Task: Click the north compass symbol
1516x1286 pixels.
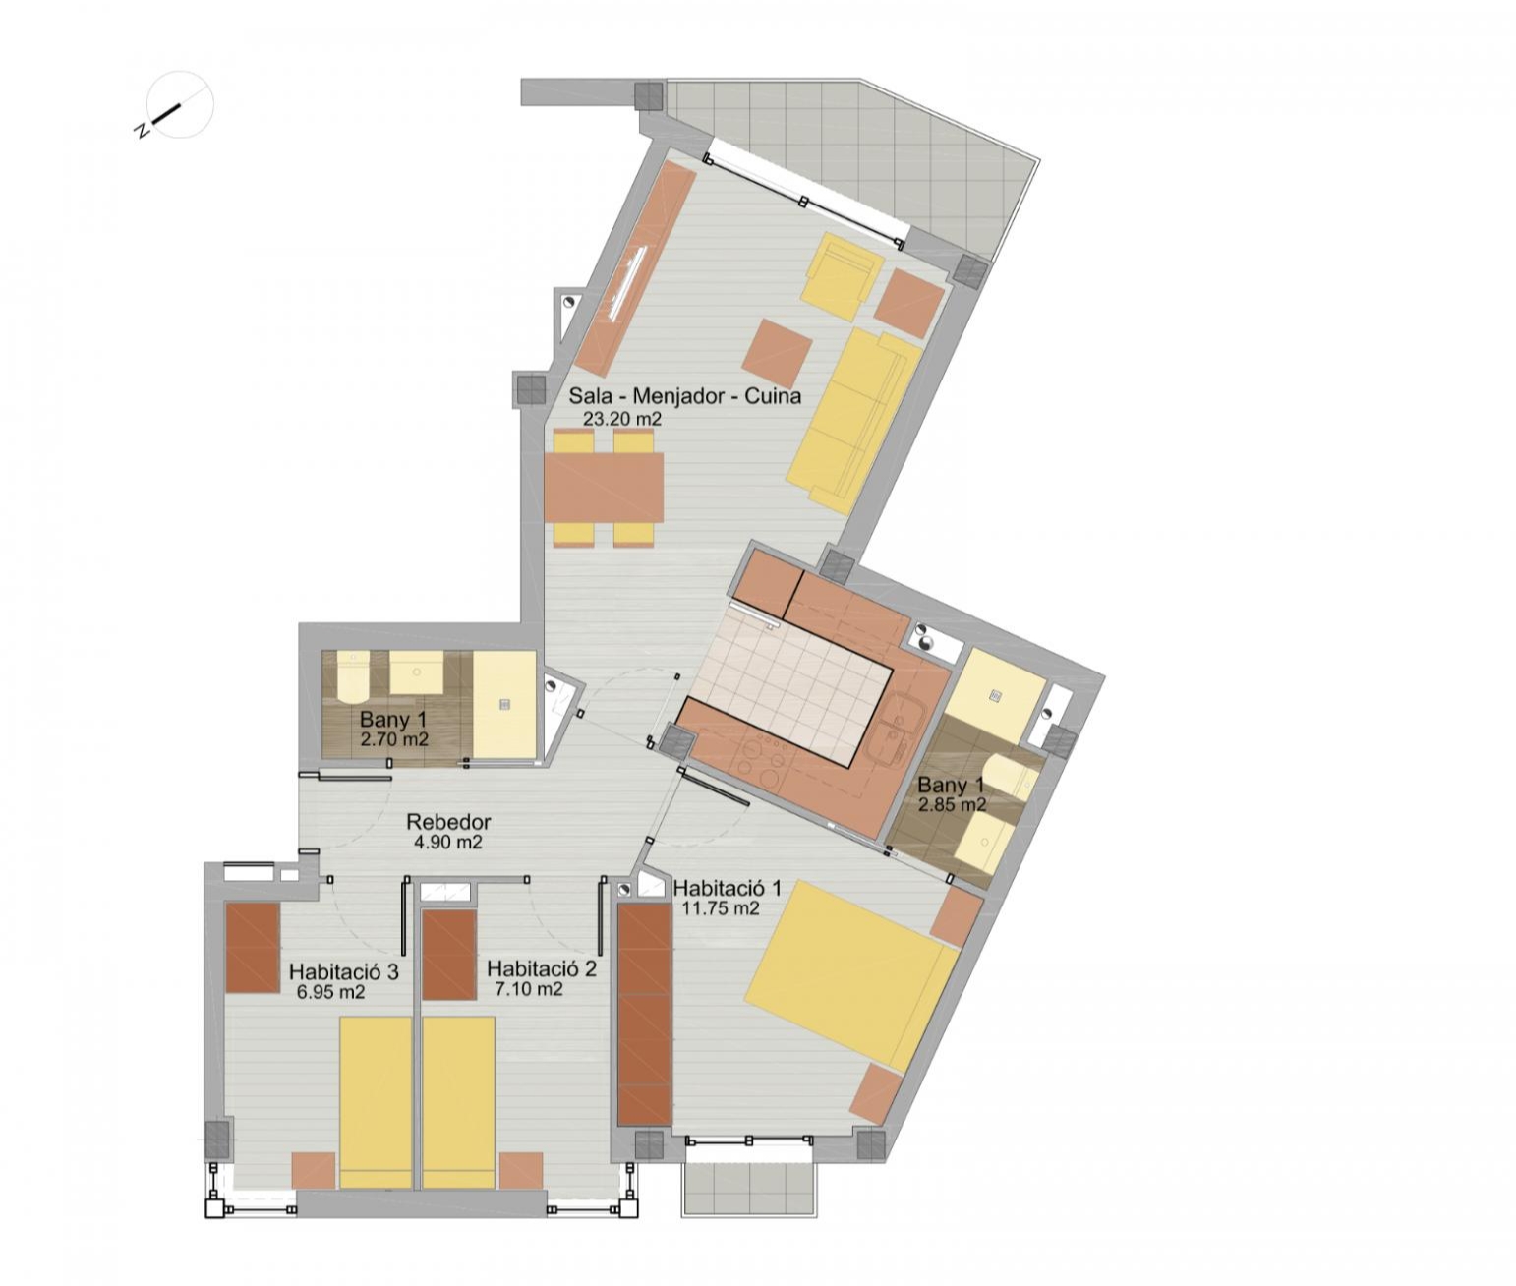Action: tap(179, 105)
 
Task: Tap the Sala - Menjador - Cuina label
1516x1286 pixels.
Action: tap(685, 396)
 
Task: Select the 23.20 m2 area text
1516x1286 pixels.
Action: tap(622, 419)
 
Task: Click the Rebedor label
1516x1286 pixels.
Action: tap(448, 822)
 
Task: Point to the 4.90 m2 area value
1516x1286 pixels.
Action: tap(448, 843)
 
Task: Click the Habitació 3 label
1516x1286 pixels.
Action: tap(343, 972)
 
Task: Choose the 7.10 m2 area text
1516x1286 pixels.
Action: tap(530, 990)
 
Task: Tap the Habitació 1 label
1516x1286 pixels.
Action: tap(727, 889)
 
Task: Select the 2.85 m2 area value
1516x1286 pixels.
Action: tap(952, 805)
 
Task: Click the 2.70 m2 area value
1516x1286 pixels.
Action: tap(394, 738)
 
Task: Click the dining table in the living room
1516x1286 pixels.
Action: tap(604, 488)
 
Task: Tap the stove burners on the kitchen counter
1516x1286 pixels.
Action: tap(758, 762)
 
